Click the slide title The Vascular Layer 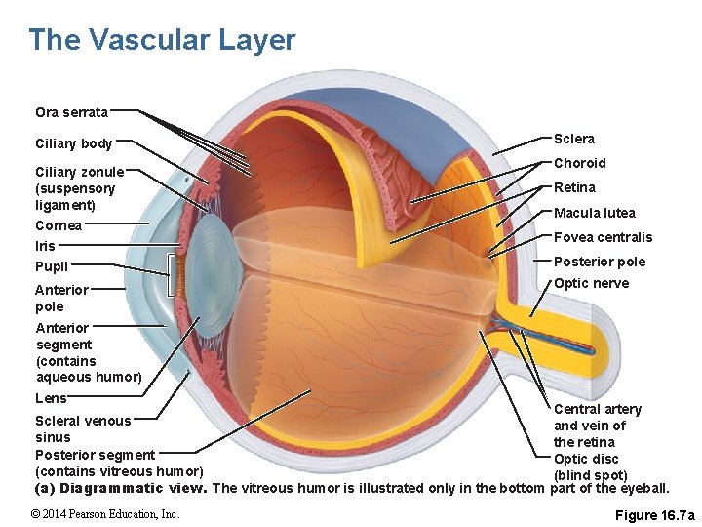tap(162, 40)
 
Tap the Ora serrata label tap(71, 113)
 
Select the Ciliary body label tap(74, 144)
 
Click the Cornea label tap(58, 225)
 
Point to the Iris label tap(46, 246)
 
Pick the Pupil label tap(52, 266)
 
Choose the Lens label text tap(51, 398)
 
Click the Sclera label tap(574, 139)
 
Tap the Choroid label tap(579, 163)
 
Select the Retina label tap(574, 187)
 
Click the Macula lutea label tap(594, 213)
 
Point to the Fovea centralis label tap(603, 237)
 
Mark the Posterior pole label tap(599, 262)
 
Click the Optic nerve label tap(591, 283)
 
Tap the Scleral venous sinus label tap(82, 428)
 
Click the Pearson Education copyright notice tap(104, 514)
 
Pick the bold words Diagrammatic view tap(132, 488)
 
